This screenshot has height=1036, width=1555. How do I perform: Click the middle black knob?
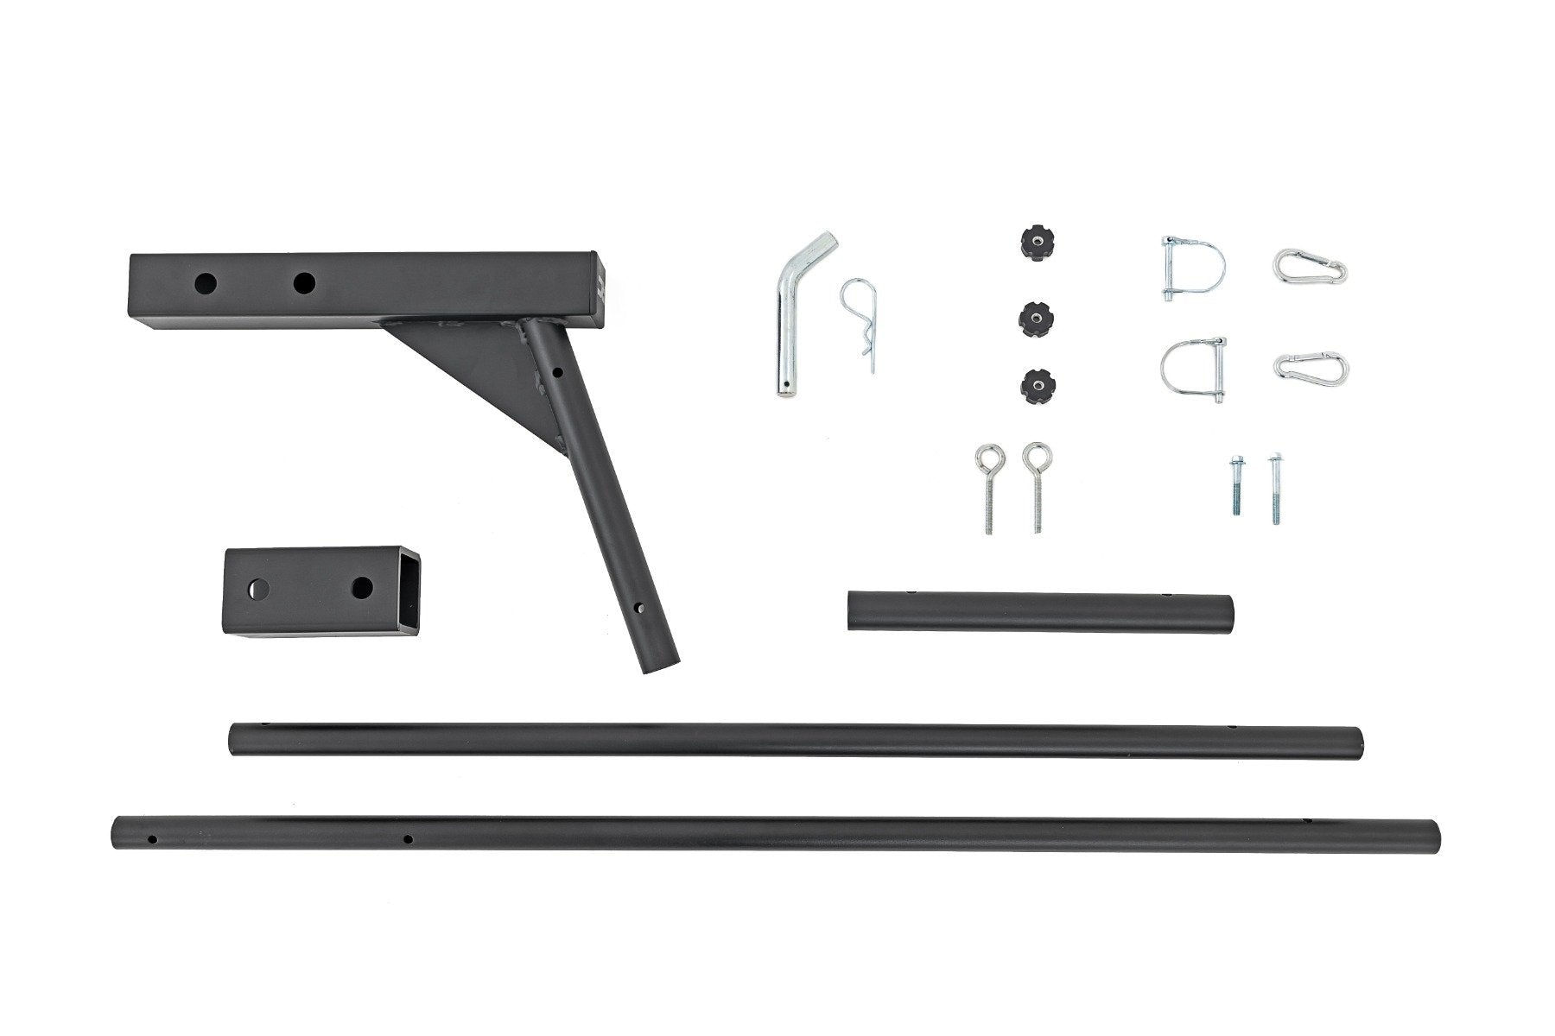coord(1031,318)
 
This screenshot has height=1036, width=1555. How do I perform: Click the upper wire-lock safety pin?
coord(1185,268)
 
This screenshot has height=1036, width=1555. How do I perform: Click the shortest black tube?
coord(1040,613)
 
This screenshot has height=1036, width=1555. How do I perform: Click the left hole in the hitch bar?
coord(206,283)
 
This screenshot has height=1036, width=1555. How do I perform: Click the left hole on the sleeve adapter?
coord(257,591)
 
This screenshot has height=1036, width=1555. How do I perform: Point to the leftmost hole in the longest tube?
coord(152,837)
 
